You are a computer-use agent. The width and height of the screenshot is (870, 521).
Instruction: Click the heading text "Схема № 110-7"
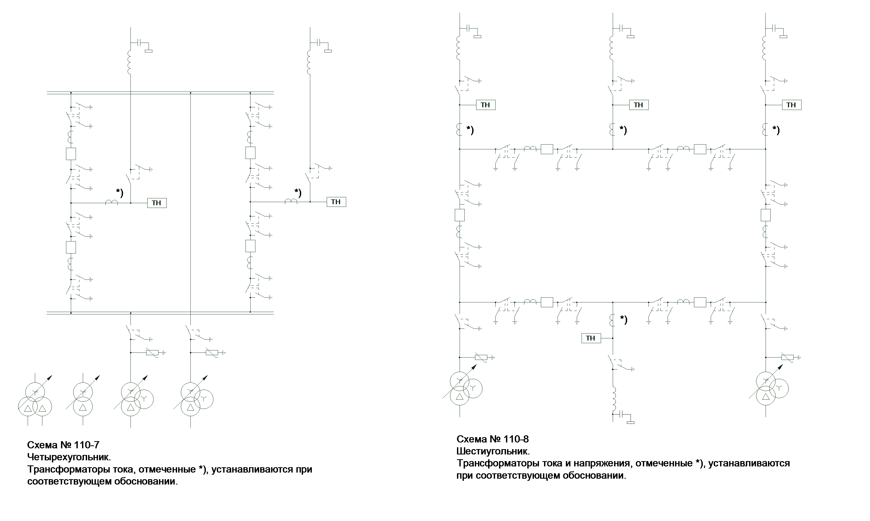click(63, 445)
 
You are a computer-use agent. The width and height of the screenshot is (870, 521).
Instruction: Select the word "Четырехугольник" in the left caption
click(69, 457)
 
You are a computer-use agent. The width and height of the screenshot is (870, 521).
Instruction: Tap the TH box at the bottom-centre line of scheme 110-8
click(591, 338)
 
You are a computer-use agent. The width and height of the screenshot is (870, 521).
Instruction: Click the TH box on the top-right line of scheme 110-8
click(791, 105)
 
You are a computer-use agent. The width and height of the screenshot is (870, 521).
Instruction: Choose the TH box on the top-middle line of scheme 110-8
click(638, 105)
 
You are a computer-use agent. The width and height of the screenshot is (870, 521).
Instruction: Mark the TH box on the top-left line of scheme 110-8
click(485, 105)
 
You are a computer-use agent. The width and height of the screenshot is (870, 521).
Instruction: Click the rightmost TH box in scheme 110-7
click(336, 202)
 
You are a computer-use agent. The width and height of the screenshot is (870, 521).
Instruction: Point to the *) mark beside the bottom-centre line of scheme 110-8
click(623, 319)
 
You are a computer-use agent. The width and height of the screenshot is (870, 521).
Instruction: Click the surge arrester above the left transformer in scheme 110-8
click(481, 357)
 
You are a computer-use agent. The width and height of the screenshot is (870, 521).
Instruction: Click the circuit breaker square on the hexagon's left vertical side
click(460, 215)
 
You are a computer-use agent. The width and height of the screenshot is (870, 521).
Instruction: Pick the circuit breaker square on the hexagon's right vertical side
click(766, 215)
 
